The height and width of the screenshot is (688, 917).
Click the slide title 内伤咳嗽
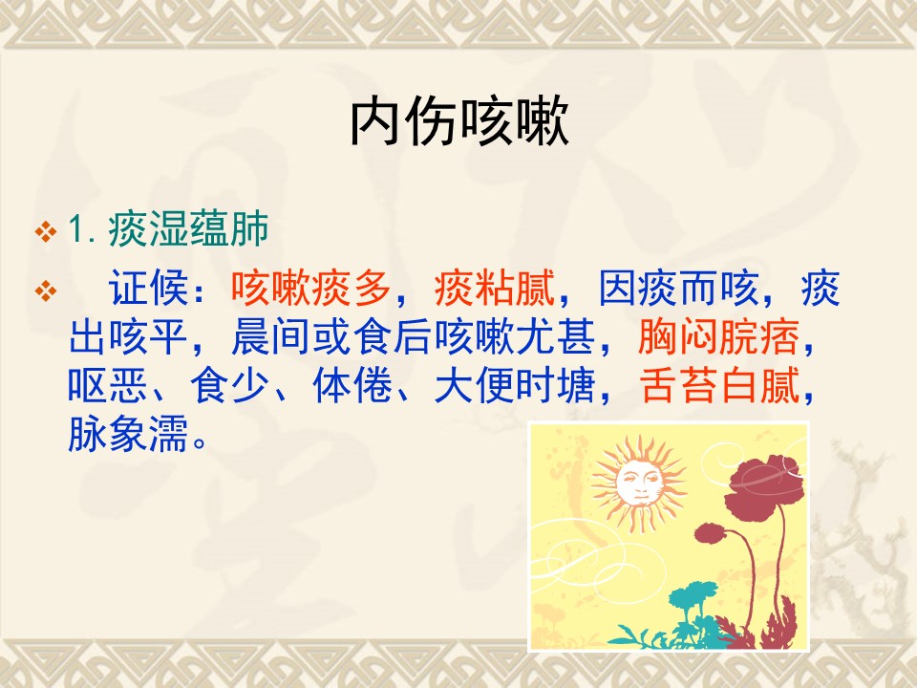tap(459, 121)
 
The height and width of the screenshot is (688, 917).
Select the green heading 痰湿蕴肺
tap(188, 228)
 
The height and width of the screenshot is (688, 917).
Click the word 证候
tap(148, 288)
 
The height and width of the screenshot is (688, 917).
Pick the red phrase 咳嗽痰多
tap(310, 288)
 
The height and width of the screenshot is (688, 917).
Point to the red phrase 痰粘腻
tap(494, 288)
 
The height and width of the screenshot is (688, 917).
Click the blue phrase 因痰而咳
tap(678, 288)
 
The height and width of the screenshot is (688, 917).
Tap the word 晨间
tap(270, 337)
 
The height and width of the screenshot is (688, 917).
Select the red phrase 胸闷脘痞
tap(718, 337)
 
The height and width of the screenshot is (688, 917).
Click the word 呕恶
tap(108, 385)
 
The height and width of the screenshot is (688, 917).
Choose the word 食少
tap(230, 385)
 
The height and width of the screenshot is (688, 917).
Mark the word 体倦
tap(352, 385)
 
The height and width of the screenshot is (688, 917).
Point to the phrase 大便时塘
tap(515, 385)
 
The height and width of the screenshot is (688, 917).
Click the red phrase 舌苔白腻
tap(718, 385)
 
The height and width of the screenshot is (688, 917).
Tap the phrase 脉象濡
tap(128, 434)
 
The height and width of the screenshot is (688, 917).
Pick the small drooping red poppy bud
tap(710, 533)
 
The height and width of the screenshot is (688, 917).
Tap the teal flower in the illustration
tap(694, 600)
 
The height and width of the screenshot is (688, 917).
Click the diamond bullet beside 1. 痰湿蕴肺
tap(46, 231)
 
